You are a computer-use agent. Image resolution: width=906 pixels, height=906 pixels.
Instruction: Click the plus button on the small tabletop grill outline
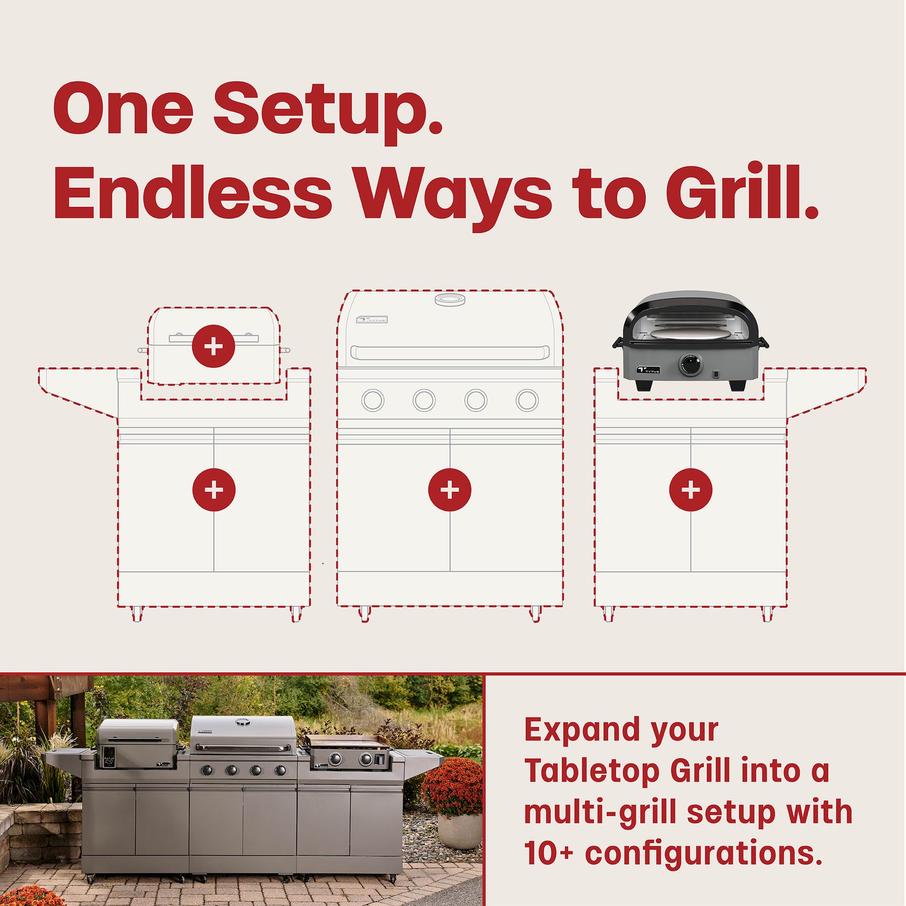pos(213,346)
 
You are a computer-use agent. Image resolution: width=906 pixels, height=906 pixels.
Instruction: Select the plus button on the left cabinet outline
pos(214,490)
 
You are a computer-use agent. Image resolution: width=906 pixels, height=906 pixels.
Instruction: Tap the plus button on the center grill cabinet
pos(449,490)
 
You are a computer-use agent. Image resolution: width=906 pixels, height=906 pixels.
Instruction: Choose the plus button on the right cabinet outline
pos(691,490)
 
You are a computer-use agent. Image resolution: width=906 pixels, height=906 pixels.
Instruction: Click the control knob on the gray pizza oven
pos(691,365)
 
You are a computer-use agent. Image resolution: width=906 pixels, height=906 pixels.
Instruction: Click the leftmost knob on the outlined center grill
pos(373,401)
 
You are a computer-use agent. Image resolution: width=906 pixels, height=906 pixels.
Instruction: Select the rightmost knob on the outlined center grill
pos(527,401)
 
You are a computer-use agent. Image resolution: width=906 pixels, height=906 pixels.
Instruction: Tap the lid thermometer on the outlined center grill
pos(450,300)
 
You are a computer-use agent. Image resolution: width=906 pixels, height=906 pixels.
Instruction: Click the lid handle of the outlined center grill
pos(449,352)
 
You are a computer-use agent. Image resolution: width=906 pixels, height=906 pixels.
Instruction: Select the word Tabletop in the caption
pos(592,771)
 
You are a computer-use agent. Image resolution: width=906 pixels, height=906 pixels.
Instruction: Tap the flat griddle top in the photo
pos(347,740)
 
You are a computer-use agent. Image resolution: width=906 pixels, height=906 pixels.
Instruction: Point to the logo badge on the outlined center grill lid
pos(371,319)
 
